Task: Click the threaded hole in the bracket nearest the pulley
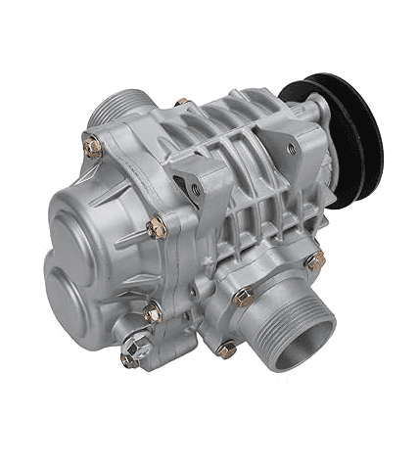point(290,149)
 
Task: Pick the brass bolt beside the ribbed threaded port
point(92,147)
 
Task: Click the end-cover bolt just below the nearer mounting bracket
point(156,228)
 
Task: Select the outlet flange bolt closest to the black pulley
point(314,261)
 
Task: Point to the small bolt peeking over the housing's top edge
point(182,102)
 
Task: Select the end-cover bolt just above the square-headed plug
point(152,313)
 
